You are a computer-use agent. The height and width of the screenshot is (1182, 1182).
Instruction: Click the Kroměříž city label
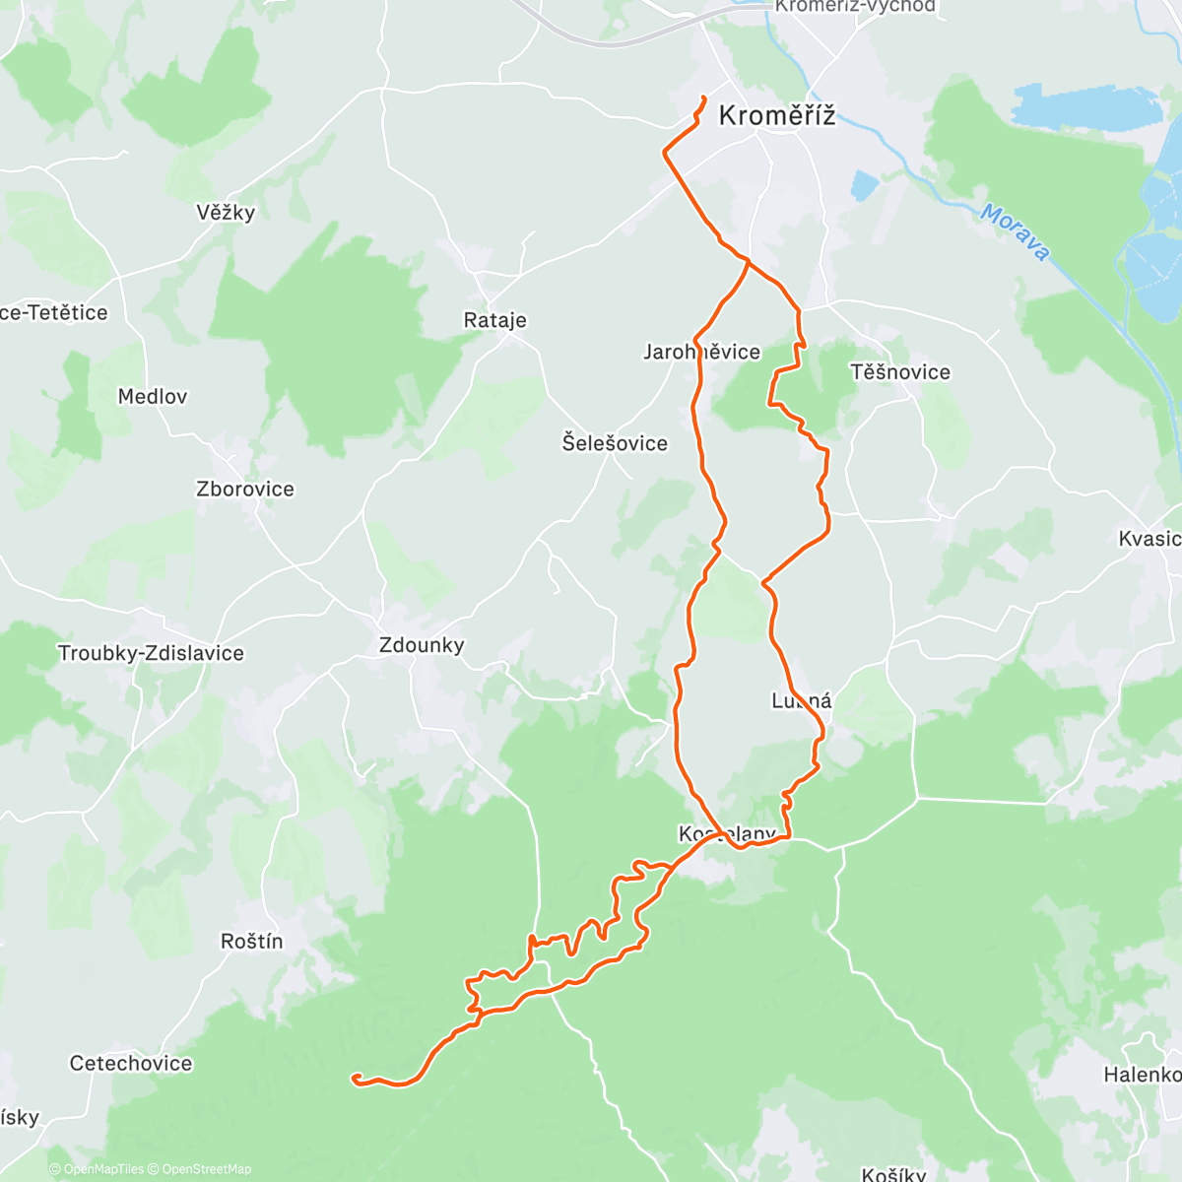pos(776,116)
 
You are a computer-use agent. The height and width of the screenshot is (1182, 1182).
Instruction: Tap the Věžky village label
pos(226,213)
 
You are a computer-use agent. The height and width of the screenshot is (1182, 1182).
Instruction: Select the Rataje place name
pos(494,320)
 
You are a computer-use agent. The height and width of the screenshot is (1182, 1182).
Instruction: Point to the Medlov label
pos(152,397)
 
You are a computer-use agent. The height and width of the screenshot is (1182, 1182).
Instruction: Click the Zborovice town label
pos(245,490)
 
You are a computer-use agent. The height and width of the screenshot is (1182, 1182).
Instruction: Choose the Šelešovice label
pos(615,443)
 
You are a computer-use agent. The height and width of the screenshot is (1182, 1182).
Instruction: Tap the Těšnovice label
pos(900,372)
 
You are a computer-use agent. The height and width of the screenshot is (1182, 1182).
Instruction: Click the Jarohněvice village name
pos(701,352)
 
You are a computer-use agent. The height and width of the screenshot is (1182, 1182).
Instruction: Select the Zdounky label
pos(422,645)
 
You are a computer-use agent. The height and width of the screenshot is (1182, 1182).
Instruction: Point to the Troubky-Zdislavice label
pos(151,653)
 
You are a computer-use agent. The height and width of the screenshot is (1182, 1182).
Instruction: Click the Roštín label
pos(251,942)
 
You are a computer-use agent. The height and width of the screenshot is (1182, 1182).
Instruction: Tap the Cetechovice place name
pos(131,1064)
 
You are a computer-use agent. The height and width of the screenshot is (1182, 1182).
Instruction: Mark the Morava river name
pos(1015,232)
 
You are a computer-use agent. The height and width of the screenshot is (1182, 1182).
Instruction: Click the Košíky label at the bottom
pos(893,1174)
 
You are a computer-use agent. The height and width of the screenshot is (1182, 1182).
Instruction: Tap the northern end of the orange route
pos(703,97)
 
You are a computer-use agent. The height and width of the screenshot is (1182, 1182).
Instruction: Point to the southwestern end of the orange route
pos(354,1078)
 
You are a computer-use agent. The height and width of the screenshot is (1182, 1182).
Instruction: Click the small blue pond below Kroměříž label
pos(864,184)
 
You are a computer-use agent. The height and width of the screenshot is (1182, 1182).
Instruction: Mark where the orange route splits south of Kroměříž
pos(748,261)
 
